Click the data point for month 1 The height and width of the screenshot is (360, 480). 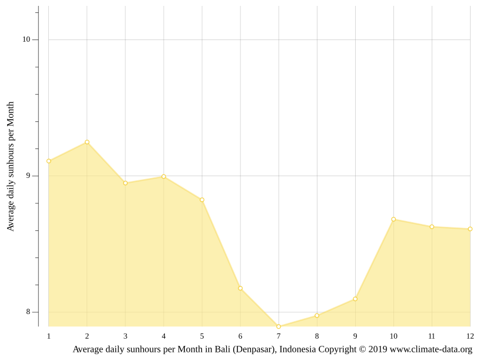(49, 161)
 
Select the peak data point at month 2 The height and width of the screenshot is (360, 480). (87, 142)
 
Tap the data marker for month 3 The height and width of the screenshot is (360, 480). (125, 183)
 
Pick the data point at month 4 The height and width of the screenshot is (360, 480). (164, 177)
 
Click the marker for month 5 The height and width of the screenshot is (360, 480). (202, 200)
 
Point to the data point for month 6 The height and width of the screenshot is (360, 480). (240, 288)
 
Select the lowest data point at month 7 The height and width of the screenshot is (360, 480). (279, 326)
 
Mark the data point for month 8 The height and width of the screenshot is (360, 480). (317, 316)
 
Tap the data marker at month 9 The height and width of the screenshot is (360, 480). (355, 299)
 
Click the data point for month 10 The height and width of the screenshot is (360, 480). (393, 219)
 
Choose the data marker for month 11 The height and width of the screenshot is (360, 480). (432, 227)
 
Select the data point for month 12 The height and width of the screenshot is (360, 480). (470, 229)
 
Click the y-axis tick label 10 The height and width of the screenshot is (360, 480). (27, 39)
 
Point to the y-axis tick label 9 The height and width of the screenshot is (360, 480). (28, 176)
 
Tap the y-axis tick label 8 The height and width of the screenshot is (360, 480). (28, 312)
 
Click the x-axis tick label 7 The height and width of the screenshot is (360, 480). (279, 336)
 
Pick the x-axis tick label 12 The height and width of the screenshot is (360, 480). (470, 336)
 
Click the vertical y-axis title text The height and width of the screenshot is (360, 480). (11, 166)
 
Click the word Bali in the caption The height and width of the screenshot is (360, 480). (222, 349)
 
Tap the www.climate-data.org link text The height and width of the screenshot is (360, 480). (431, 349)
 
